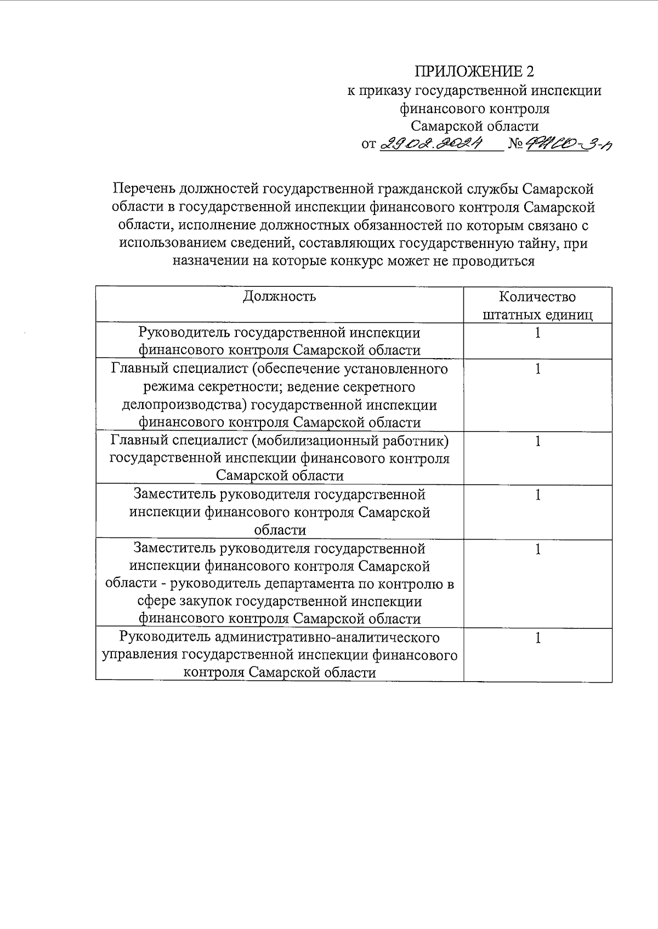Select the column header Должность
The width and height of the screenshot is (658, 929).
(280, 297)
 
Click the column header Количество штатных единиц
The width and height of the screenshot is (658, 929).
(537, 306)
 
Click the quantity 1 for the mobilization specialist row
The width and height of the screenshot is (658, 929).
(538, 441)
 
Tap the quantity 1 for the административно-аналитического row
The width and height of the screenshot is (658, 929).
(538, 638)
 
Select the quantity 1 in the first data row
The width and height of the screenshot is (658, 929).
(538, 333)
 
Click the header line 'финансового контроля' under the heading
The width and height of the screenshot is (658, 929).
(475, 109)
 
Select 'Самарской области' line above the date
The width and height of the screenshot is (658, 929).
(475, 127)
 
